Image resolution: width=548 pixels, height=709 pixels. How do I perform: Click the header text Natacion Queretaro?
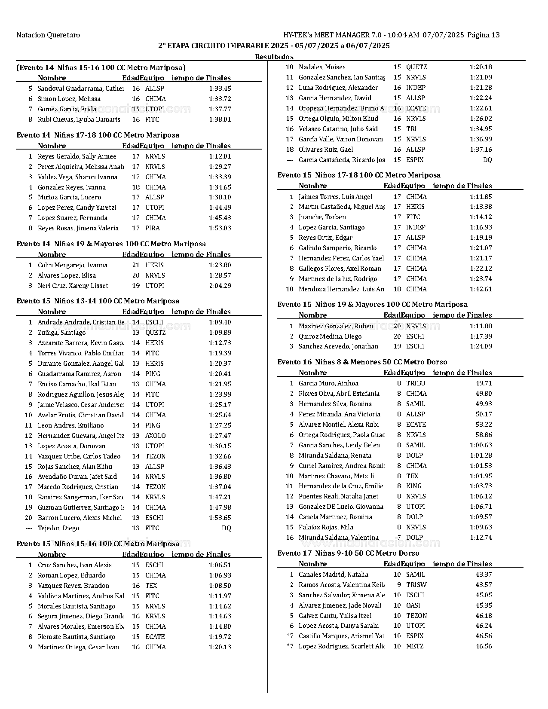48,35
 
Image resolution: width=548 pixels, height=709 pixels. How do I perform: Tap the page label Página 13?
483,35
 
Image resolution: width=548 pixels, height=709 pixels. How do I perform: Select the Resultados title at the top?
274,57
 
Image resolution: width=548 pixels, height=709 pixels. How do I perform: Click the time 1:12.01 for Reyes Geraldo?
220,156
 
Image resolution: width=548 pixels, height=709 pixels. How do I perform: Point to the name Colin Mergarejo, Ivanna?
72,265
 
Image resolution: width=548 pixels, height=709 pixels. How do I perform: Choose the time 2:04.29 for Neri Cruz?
220,286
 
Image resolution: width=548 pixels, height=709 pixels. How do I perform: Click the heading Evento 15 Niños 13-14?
98,301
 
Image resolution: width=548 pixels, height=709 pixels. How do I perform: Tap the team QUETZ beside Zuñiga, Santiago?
155,333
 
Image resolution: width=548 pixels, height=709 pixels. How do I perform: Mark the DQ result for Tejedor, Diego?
226,528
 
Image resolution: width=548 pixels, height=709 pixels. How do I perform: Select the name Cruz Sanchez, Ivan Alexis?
74,565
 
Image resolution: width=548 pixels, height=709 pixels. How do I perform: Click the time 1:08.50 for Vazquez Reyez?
220,586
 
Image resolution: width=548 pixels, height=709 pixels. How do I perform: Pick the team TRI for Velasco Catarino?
411,129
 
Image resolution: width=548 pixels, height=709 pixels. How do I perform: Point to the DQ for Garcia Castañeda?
487,160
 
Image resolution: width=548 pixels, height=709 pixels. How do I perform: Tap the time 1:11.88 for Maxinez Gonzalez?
481,326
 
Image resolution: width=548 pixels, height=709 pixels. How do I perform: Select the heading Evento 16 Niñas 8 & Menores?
362,362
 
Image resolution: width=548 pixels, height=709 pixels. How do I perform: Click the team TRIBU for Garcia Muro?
415,383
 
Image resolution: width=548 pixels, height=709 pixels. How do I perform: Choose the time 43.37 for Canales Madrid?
484,575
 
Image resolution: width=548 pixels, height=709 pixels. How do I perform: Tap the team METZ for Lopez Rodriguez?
414,646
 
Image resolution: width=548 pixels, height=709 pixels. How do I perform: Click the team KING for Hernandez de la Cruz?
413,486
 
